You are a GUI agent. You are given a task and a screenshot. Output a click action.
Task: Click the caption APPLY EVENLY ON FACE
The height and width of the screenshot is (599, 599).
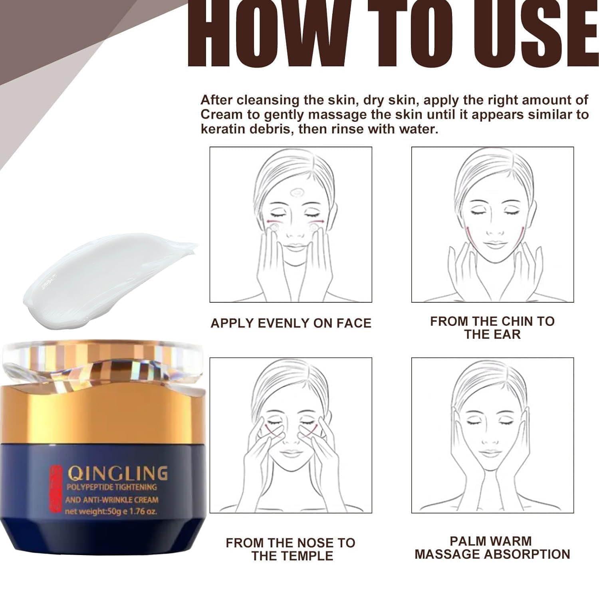click(x=291, y=323)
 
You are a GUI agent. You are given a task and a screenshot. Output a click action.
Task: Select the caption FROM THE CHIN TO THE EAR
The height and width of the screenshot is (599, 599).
click(x=492, y=328)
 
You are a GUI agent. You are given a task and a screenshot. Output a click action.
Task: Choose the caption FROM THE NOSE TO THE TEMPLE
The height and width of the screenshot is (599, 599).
click(x=291, y=549)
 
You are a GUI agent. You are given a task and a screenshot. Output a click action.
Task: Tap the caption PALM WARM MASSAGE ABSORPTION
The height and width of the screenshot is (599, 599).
click(x=492, y=547)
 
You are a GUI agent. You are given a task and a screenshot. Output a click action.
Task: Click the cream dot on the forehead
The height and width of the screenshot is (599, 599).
click(x=296, y=193)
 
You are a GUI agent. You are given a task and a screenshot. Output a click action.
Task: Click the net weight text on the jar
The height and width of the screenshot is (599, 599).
click(x=111, y=511)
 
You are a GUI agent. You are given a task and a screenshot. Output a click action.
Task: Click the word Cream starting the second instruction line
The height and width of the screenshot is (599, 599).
click(x=221, y=115)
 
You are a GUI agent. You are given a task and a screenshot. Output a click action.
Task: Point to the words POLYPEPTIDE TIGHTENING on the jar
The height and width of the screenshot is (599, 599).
click(x=111, y=487)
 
